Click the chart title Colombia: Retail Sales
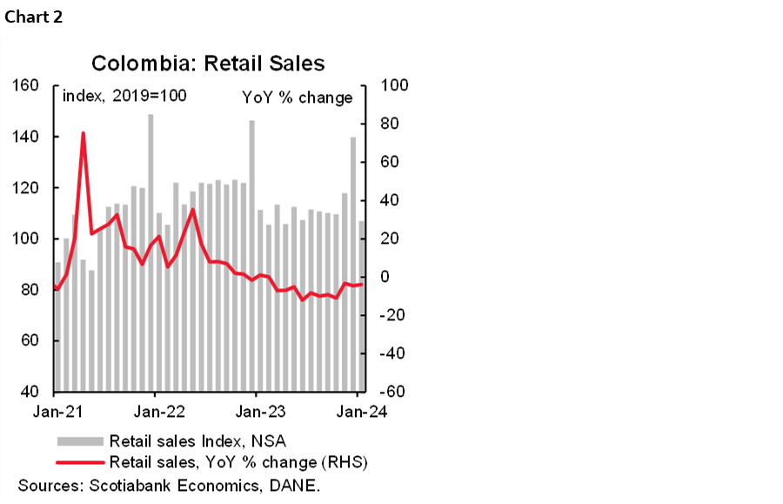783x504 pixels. [x=208, y=64]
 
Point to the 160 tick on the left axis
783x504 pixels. [x=28, y=85]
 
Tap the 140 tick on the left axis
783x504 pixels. [x=28, y=137]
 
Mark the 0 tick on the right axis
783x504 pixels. [x=380, y=277]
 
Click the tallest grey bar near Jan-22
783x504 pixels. [x=151, y=252]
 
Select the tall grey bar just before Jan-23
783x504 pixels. [x=251, y=257]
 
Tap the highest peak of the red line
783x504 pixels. [x=83, y=134]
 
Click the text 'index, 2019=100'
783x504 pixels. [x=124, y=97]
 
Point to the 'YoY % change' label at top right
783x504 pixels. [x=297, y=97]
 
